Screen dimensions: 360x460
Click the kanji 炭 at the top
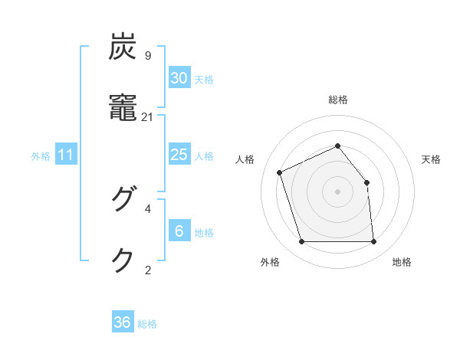(123, 47)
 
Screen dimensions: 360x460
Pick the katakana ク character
(123, 260)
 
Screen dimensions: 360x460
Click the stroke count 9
(148, 56)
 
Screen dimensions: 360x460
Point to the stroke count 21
(148, 116)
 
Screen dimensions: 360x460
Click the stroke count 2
(148, 269)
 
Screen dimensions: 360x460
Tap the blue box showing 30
(179, 78)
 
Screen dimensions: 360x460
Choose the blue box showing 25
(179, 155)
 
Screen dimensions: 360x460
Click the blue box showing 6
(179, 231)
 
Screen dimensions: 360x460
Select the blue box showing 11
(66, 155)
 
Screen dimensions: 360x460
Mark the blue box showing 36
(123, 322)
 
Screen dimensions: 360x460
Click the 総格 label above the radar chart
(338, 100)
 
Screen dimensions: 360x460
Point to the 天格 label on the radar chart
(431, 159)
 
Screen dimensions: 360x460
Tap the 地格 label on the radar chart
(402, 262)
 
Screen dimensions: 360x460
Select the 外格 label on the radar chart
(269, 262)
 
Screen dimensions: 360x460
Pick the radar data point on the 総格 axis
(338, 146)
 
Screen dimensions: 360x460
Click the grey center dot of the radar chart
(338, 191)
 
